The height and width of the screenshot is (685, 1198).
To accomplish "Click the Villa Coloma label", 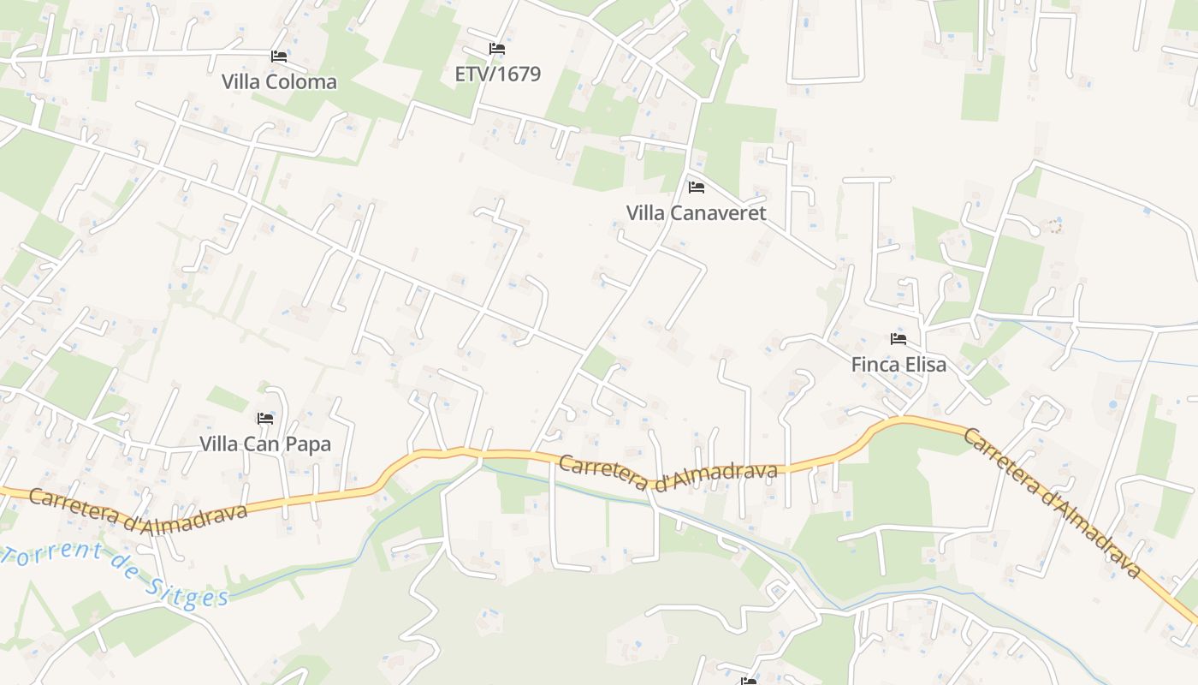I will (279, 82).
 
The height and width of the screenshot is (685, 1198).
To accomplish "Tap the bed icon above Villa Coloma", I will (279, 57).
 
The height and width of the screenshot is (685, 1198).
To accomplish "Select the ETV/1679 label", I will (497, 74).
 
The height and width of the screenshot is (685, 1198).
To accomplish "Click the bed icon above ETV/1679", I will (496, 49).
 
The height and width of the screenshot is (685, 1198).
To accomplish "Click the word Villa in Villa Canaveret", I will (645, 213).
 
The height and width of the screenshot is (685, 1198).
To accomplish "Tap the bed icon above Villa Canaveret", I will (696, 187).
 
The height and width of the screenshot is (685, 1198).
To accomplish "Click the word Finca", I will (874, 365).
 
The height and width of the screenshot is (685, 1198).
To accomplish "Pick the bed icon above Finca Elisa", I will (898, 339).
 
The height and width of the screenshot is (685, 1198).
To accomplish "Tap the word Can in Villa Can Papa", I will (263, 444).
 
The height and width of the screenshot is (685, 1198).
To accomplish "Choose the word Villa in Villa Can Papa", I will (218, 444).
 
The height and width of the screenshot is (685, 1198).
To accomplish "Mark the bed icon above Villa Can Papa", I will (265, 419).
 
